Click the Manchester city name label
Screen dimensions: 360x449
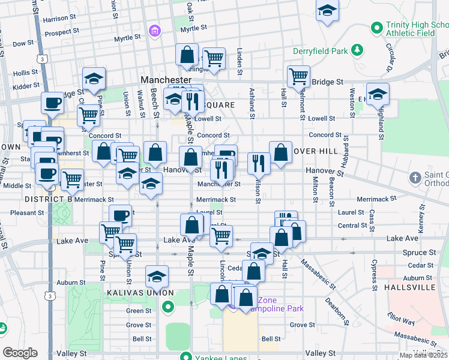166,80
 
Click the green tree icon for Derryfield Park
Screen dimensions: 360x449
357,49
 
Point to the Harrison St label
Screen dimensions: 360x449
63,19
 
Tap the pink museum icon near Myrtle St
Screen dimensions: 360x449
155,30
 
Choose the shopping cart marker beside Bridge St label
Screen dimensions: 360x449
298,76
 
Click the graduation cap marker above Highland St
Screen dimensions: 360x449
378,94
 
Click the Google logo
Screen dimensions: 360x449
20,352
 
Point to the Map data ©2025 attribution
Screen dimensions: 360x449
423,355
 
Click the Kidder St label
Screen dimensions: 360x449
26,87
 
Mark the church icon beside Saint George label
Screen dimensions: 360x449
415,178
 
